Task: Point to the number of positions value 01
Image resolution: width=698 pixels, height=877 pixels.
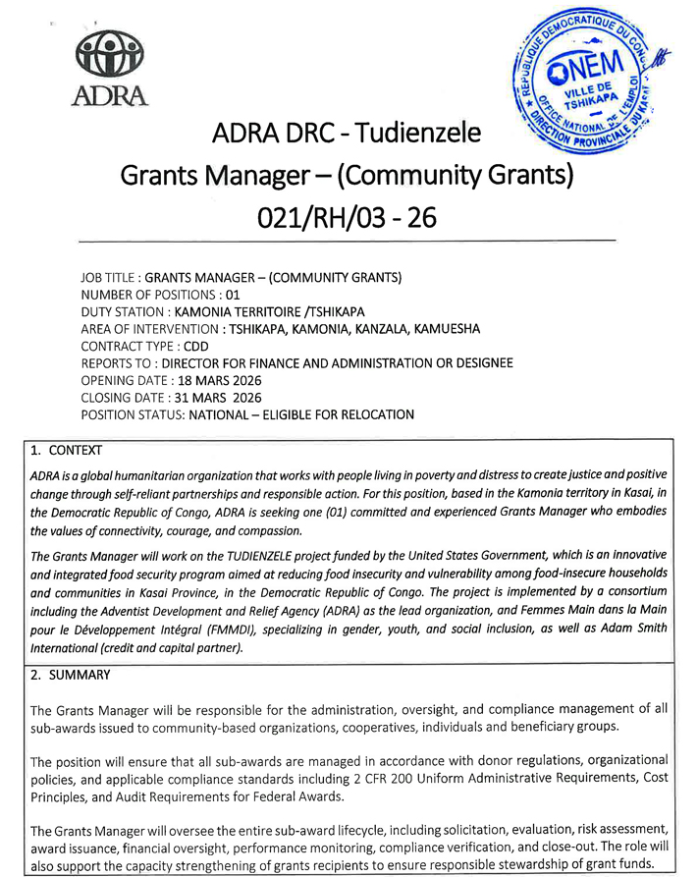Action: click(233, 295)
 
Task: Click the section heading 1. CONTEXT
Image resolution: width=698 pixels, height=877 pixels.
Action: click(66, 451)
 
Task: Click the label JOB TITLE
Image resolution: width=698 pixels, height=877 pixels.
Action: click(108, 278)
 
